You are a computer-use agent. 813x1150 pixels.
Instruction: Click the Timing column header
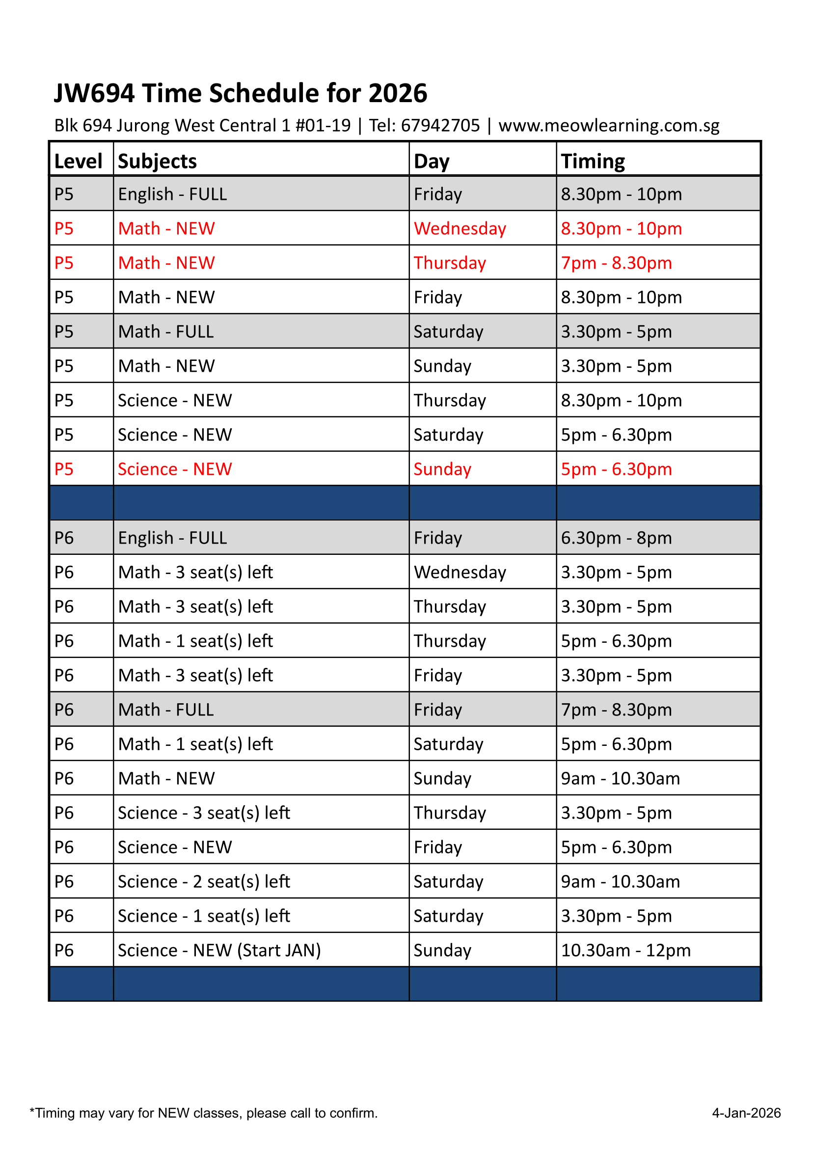point(593,161)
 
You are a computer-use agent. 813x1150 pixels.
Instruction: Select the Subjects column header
point(157,161)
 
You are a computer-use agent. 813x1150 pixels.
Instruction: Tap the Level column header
point(78,161)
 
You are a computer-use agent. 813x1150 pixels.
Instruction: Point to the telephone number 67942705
point(440,125)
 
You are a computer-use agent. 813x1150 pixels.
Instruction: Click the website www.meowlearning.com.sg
point(609,125)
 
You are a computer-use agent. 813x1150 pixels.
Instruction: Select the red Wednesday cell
point(460,228)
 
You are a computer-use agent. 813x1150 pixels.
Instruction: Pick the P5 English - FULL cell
point(172,194)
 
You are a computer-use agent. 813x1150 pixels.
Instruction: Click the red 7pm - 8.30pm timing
point(616,263)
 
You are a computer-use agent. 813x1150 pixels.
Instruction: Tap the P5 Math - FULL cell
point(166,331)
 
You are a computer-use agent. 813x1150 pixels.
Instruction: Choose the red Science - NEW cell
point(175,469)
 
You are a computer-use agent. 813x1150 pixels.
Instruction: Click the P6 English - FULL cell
point(172,538)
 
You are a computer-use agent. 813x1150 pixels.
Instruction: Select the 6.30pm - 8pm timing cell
point(616,538)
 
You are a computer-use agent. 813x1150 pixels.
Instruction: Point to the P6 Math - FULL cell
point(166,710)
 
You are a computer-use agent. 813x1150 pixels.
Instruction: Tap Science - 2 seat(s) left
point(204,881)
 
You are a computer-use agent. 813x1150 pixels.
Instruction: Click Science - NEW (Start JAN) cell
point(219,950)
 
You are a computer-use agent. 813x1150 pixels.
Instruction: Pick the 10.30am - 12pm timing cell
point(625,950)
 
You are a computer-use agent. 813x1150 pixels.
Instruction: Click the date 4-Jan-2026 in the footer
point(746,1113)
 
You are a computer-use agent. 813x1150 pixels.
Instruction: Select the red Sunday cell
point(442,469)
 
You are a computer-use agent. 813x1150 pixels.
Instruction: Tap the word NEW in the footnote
point(173,1113)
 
